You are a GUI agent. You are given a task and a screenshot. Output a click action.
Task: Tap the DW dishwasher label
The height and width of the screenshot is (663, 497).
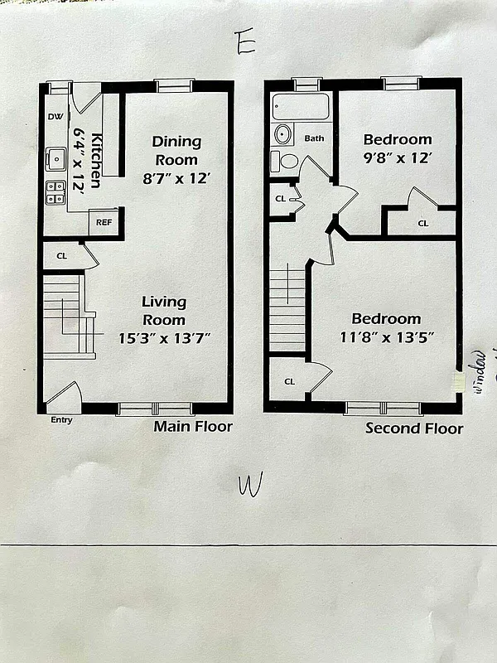point(55,117)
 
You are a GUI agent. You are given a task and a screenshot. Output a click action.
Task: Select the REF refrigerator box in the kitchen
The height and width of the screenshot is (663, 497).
point(104,222)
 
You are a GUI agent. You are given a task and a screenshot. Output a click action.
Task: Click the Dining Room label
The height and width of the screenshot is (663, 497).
point(176,150)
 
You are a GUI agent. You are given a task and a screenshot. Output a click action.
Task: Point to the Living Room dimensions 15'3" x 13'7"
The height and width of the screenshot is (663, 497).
point(164,337)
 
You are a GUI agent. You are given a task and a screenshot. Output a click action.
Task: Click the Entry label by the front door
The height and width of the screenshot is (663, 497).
point(61,420)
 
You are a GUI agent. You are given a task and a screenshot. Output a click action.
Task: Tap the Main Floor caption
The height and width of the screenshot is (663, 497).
point(193,427)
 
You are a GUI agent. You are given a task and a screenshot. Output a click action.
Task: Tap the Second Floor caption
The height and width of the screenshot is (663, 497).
point(414,428)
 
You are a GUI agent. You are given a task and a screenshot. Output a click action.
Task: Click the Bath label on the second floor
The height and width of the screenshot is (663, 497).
point(314,138)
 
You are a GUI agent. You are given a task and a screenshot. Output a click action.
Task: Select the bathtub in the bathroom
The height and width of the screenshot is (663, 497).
point(301,107)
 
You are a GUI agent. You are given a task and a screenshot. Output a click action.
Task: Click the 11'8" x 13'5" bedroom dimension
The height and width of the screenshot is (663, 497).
point(386,337)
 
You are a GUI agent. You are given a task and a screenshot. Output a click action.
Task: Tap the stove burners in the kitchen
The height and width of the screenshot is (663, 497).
point(55,192)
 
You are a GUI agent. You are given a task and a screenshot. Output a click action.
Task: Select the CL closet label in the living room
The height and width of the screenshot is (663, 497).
point(61,256)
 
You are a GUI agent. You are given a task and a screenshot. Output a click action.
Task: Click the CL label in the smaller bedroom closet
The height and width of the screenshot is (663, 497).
point(422,223)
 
